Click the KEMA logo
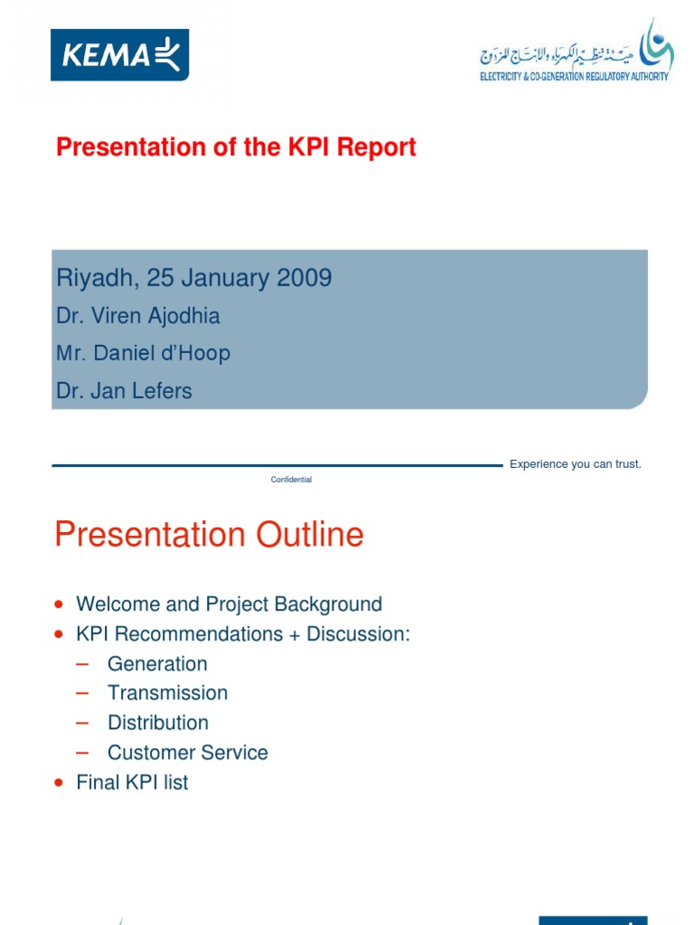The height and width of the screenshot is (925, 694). [119, 55]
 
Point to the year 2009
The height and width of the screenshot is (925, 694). [305, 278]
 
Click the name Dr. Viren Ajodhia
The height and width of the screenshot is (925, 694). [137, 316]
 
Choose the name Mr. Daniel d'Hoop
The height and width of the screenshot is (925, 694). [143, 353]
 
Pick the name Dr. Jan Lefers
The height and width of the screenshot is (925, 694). [124, 391]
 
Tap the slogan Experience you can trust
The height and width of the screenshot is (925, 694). [575, 464]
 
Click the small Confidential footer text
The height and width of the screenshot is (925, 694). [291, 480]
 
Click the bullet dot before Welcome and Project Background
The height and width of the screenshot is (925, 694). [60, 603]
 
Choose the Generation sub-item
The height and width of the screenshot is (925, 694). [157, 664]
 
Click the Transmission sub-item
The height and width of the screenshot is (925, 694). [167, 693]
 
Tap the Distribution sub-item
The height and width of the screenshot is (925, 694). [158, 723]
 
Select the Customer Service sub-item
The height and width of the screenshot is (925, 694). [187, 752]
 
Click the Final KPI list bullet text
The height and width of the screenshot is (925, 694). [132, 782]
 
